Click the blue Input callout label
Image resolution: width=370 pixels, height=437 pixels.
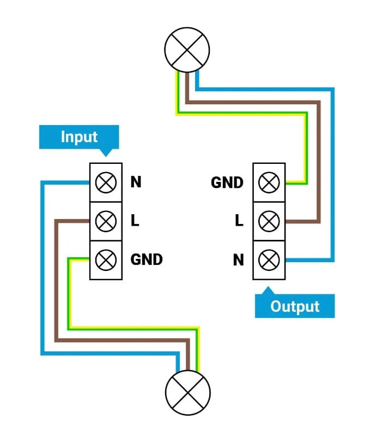point(78,137)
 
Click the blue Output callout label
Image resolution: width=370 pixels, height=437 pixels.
point(295,306)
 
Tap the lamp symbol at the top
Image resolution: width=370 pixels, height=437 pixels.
point(187,50)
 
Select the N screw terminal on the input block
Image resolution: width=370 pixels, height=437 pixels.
point(105,182)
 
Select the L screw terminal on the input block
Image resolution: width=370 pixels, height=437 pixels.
point(105,221)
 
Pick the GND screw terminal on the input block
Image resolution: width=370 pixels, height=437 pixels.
point(105,260)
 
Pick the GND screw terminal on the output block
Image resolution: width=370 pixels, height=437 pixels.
point(269,182)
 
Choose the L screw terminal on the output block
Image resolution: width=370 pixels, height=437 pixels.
point(269,221)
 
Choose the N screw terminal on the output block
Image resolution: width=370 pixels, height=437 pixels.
point(269,260)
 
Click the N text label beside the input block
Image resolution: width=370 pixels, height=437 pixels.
point(136,182)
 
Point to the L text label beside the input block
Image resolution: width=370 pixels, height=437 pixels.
point(135,221)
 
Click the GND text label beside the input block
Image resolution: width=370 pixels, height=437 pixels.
point(147,259)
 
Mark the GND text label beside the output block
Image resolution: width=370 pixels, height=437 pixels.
point(227,182)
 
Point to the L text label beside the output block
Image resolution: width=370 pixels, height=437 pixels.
point(239,221)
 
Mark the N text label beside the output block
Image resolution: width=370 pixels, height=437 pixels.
point(238,260)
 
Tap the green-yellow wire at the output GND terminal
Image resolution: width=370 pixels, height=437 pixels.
point(296,182)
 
